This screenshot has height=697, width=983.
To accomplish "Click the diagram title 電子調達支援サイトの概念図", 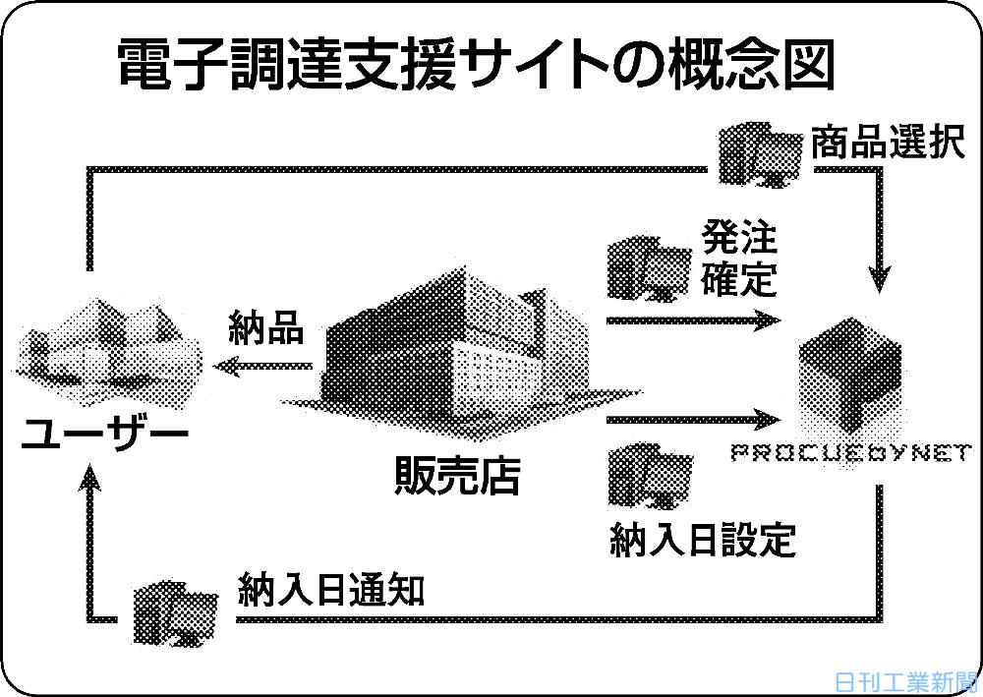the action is tap(476, 65).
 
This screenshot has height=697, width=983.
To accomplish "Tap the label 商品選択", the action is tap(888, 143).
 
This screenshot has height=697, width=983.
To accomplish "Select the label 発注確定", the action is tap(739, 257).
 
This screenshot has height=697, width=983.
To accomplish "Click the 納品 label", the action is tap(265, 326).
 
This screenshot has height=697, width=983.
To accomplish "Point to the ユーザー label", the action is tap(105, 433).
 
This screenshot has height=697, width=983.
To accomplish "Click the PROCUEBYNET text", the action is tap(852, 452).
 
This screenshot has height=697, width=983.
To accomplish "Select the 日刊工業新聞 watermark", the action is tap(906, 682).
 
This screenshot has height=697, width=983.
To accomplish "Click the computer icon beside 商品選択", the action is tap(759, 154).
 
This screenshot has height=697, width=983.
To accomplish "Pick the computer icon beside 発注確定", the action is tap(650, 267).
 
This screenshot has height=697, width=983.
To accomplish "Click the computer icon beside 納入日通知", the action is tap(176, 612).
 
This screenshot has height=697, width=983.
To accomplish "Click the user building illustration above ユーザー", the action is tap(108, 354).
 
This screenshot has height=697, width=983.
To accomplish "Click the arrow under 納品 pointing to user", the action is tap(262, 366).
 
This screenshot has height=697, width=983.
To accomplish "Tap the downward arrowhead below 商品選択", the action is tap(879, 279).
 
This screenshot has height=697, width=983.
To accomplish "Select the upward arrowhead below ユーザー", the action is tap(90, 478).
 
